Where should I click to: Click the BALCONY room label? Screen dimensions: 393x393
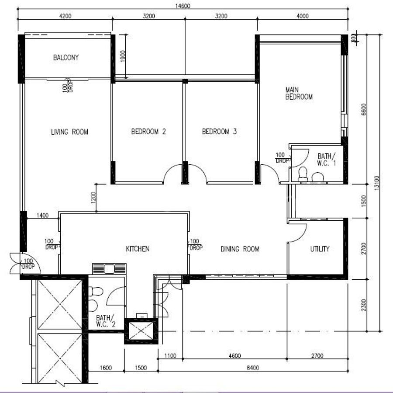pyautogui.click(x=66, y=57)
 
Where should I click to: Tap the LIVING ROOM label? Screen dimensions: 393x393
pyautogui.click(x=69, y=132)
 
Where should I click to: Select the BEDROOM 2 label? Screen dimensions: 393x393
pyautogui.click(x=148, y=131)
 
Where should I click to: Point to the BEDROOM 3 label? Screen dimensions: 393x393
pyautogui.click(x=219, y=131)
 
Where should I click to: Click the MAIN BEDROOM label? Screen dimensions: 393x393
pyautogui.click(x=299, y=93)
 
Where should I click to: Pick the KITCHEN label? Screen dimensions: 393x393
pyautogui.click(x=138, y=249)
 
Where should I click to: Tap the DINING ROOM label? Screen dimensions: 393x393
pyautogui.click(x=240, y=249)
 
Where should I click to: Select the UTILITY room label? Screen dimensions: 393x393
pyautogui.click(x=320, y=249)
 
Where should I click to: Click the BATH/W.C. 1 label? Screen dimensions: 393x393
pyautogui.click(x=326, y=160)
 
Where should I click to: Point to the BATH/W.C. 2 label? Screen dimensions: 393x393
pyautogui.click(x=106, y=321)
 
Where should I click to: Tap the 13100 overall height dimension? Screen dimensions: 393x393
pyautogui.click(x=377, y=183)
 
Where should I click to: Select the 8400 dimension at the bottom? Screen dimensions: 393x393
pyautogui.click(x=253, y=368)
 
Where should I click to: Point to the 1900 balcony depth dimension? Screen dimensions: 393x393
pyautogui.click(x=123, y=56)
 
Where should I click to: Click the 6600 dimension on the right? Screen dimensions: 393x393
pyautogui.click(x=364, y=109)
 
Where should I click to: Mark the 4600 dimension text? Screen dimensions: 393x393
pyautogui.click(x=235, y=355)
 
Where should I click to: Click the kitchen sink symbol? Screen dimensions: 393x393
pyautogui.click(x=109, y=269)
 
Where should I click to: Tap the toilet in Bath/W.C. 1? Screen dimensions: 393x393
pyautogui.click(x=303, y=174)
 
